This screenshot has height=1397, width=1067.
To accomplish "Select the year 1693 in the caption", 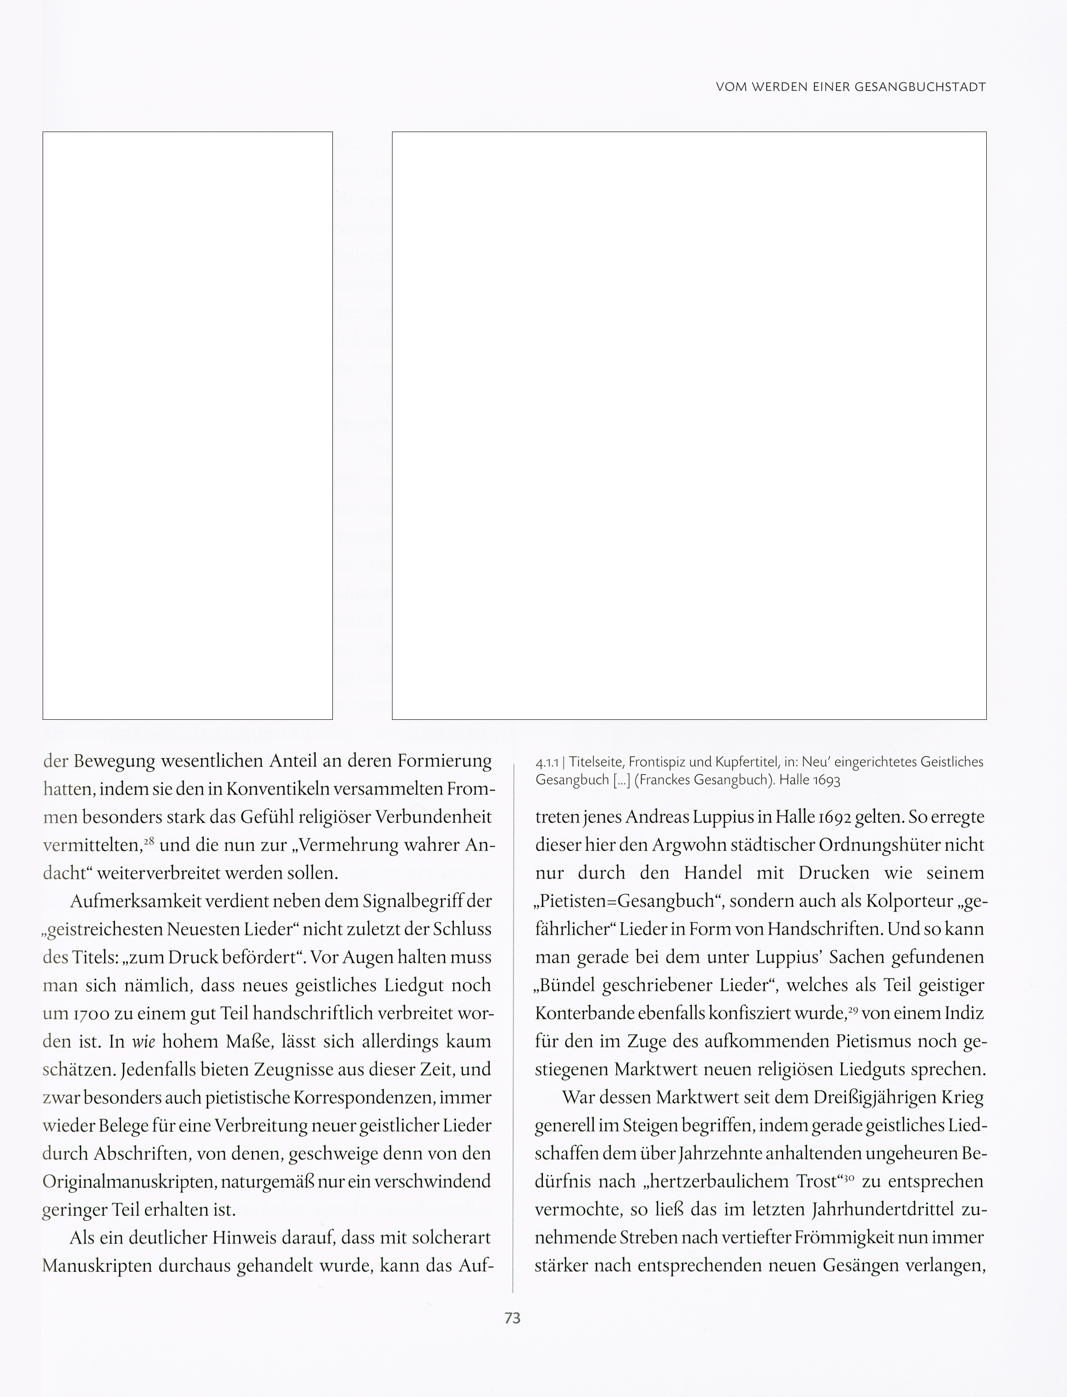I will click(x=826, y=780).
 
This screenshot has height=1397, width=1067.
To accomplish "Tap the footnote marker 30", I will click(x=849, y=1176).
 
